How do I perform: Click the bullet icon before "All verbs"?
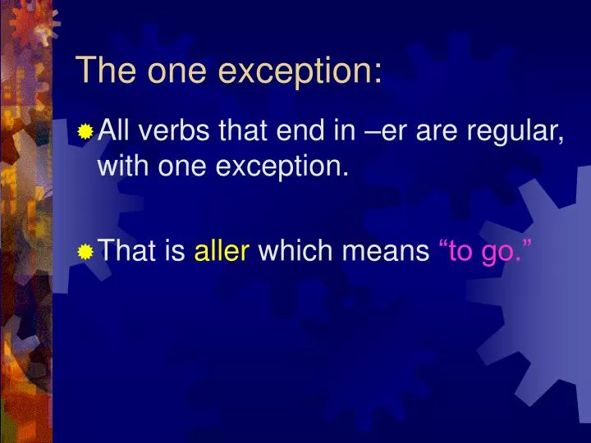[x=85, y=132]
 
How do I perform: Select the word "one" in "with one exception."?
[x=182, y=167]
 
